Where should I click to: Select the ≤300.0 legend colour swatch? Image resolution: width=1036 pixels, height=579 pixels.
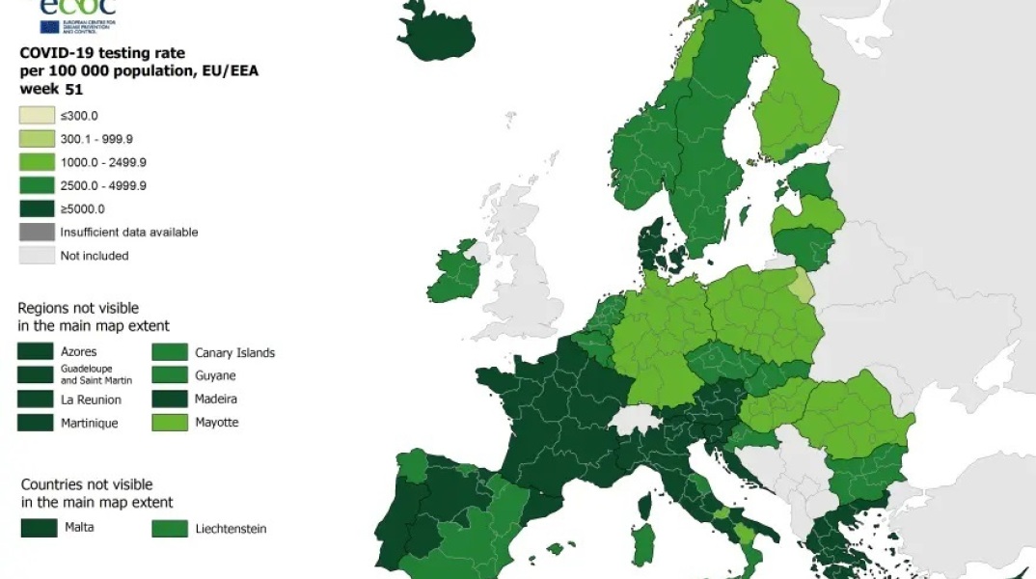37,116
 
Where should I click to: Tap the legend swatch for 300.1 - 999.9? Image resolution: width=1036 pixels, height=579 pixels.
37,139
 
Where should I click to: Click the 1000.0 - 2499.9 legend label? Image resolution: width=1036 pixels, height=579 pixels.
103,162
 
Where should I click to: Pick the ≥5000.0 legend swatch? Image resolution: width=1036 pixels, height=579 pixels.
37,208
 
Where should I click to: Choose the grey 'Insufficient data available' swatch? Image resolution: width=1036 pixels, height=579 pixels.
37,232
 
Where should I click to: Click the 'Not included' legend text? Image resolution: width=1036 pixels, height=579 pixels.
94,256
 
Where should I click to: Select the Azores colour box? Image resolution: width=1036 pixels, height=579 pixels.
37,352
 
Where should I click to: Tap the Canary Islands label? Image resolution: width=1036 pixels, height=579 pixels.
234,352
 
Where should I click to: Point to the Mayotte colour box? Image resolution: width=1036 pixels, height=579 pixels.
170,423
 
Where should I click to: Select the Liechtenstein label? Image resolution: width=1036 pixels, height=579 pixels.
231,528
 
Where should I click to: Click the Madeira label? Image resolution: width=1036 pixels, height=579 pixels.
216,399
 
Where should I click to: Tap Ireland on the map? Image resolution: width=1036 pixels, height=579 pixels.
455,274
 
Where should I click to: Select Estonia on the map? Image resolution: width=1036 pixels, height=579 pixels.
811,179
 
